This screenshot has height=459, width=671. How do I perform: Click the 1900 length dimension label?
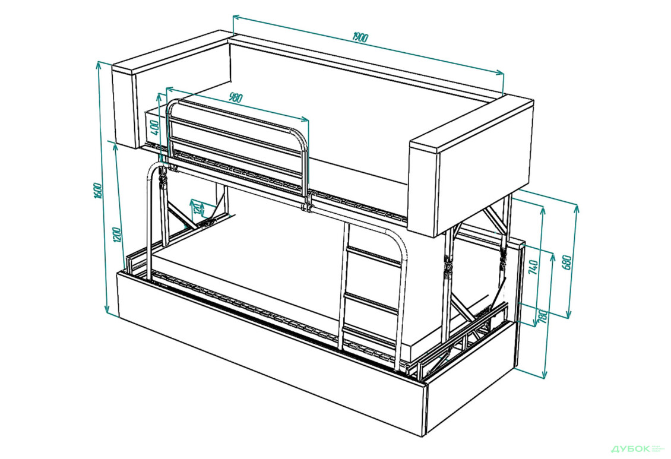(x=360, y=37)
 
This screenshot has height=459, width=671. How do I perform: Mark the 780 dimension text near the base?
(x=542, y=316)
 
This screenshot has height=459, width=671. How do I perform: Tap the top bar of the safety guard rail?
(x=238, y=110)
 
